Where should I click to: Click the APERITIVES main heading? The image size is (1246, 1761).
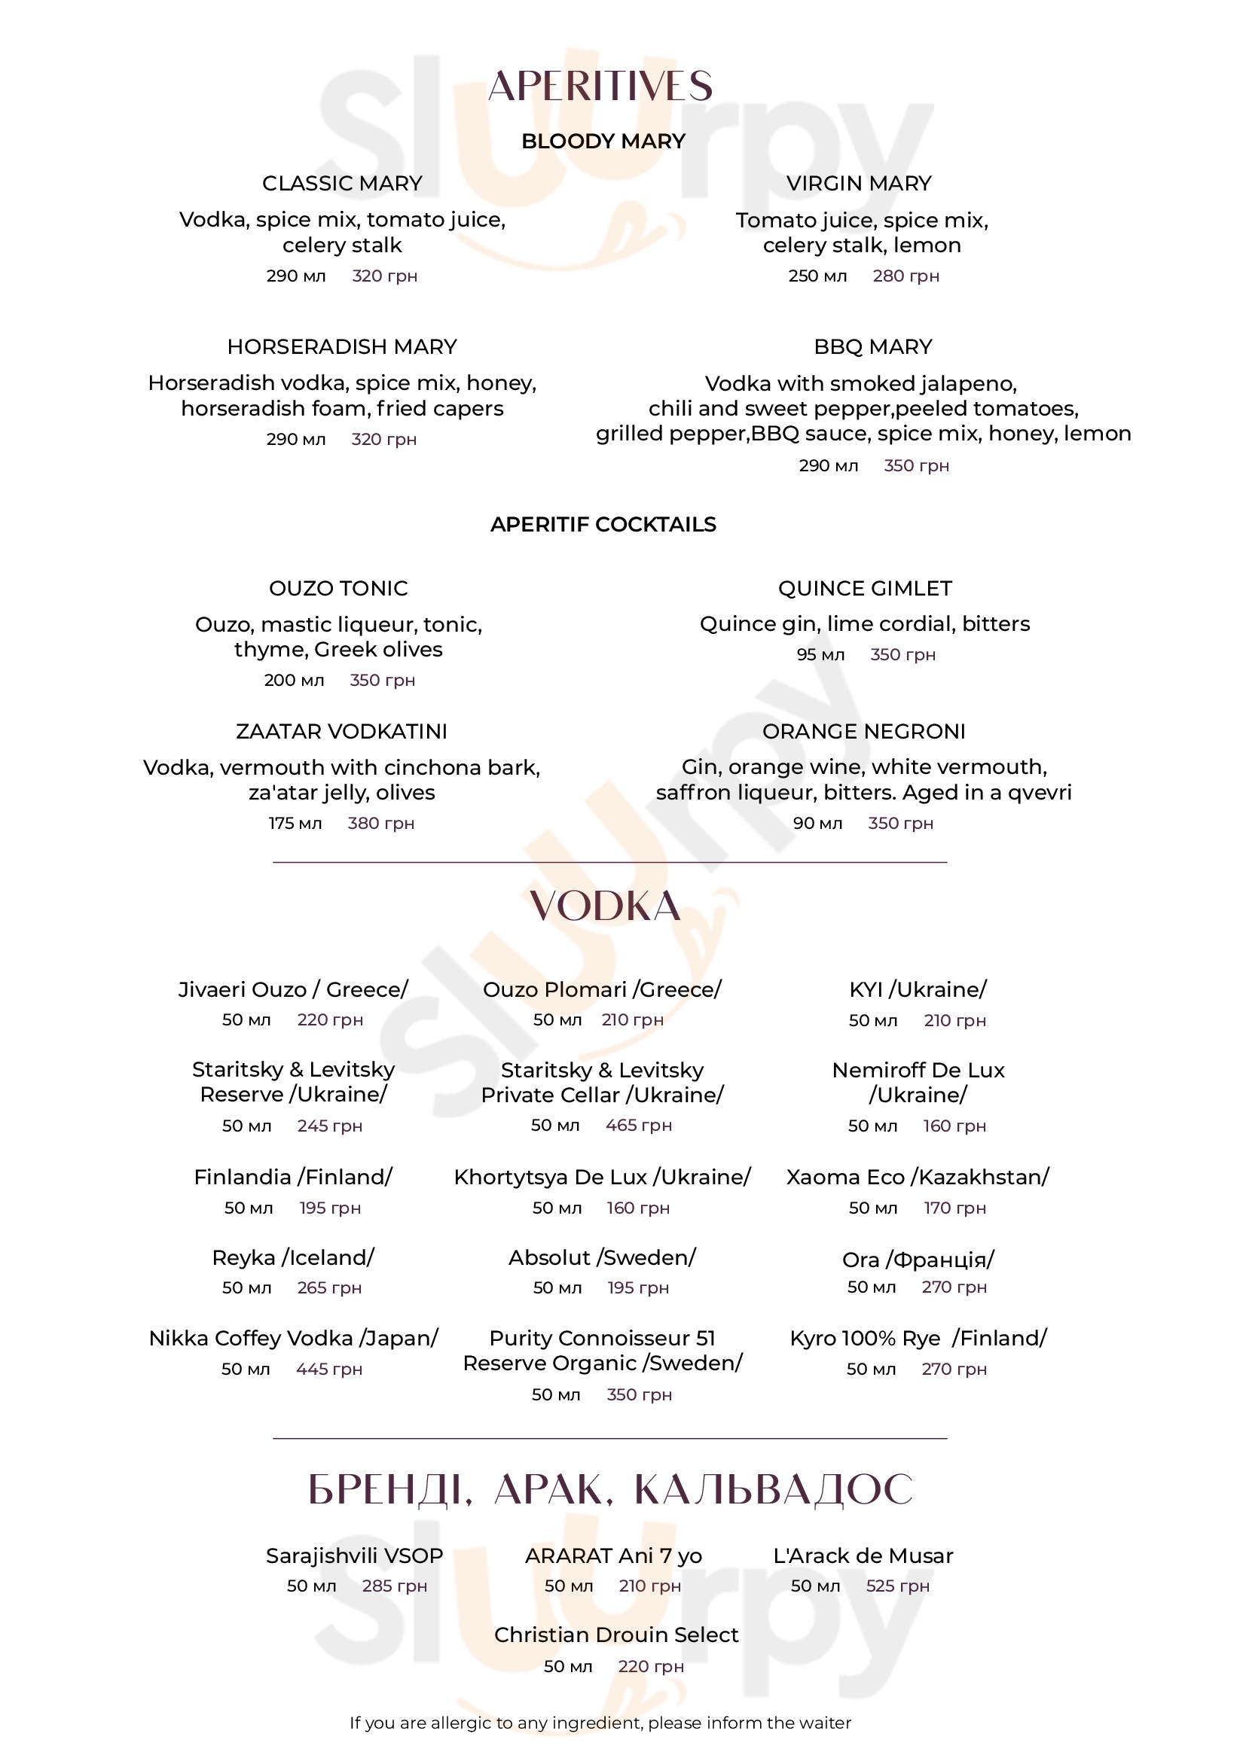pyautogui.click(x=600, y=86)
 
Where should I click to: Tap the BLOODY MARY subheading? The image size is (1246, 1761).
pyautogui.click(x=603, y=141)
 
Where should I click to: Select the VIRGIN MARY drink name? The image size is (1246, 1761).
pyautogui.click(x=859, y=183)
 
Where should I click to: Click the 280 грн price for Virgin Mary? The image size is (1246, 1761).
pyautogui.click(x=905, y=276)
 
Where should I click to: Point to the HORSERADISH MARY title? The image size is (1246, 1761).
pyautogui.click(x=342, y=346)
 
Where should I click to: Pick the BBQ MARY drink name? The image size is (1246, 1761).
pyautogui.click(x=873, y=346)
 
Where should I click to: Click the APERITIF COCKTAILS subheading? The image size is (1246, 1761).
pyautogui.click(x=603, y=525)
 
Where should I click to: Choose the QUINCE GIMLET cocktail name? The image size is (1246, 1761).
pyautogui.click(x=865, y=588)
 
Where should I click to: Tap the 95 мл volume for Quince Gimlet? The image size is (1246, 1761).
pyautogui.click(x=820, y=655)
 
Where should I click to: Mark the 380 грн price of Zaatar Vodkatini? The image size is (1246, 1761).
pyautogui.click(x=380, y=824)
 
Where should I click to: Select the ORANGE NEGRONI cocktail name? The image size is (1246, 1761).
pyautogui.click(x=864, y=732)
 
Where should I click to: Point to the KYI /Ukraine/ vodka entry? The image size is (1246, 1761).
pyautogui.click(x=918, y=989)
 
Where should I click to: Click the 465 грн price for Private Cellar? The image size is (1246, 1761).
pyautogui.click(x=638, y=1125)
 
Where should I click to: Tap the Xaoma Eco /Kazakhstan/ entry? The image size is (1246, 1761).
pyautogui.click(x=918, y=1178)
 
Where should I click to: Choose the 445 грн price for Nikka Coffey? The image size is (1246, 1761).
pyautogui.click(x=329, y=1369)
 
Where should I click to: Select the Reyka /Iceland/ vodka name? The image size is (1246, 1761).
pyautogui.click(x=293, y=1258)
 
